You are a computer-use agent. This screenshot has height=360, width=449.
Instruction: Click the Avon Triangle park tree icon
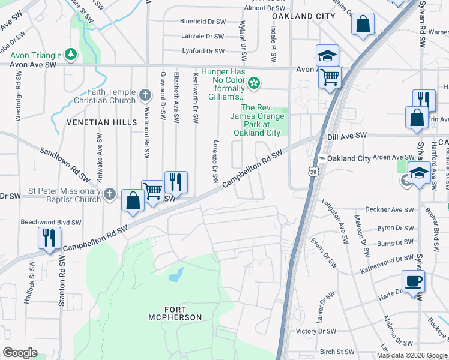[71, 55]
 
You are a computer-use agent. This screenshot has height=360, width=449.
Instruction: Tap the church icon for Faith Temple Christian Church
[145, 95]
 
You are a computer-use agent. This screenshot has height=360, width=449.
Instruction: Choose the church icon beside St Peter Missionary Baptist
[109, 194]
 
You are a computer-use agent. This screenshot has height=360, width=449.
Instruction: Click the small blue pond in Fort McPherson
[175, 275]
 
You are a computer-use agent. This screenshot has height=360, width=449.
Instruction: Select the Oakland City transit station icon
[322, 158]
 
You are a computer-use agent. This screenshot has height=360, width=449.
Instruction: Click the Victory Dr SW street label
[314, 331]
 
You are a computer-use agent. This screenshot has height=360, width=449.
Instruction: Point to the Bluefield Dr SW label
[202, 21]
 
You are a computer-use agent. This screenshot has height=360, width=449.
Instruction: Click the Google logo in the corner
[20, 352]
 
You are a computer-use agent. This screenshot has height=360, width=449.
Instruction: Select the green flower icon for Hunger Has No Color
[254, 82]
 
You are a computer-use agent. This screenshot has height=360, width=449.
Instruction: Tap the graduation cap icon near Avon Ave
[327, 56]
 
